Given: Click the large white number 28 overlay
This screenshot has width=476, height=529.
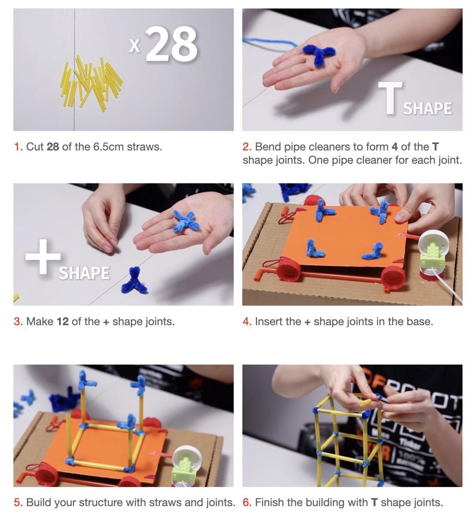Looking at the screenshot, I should pyautogui.click(x=171, y=44).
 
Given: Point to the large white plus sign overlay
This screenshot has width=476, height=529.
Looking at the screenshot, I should pyautogui.click(x=43, y=257).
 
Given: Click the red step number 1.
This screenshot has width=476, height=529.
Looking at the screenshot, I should pyautogui.click(x=18, y=147).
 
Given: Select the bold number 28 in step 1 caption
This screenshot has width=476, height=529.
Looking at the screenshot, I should pyautogui.click(x=53, y=147).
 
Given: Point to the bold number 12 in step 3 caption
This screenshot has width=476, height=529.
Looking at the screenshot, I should pyautogui.click(x=63, y=322).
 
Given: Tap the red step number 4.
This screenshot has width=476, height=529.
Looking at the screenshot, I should pyautogui.click(x=247, y=322).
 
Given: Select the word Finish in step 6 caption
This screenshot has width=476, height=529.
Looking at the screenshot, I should pyautogui.click(x=269, y=503).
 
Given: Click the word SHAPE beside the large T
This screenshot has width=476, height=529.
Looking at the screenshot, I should pyautogui.click(x=427, y=108).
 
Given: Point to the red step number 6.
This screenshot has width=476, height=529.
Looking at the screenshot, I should pyautogui.click(x=247, y=503).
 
